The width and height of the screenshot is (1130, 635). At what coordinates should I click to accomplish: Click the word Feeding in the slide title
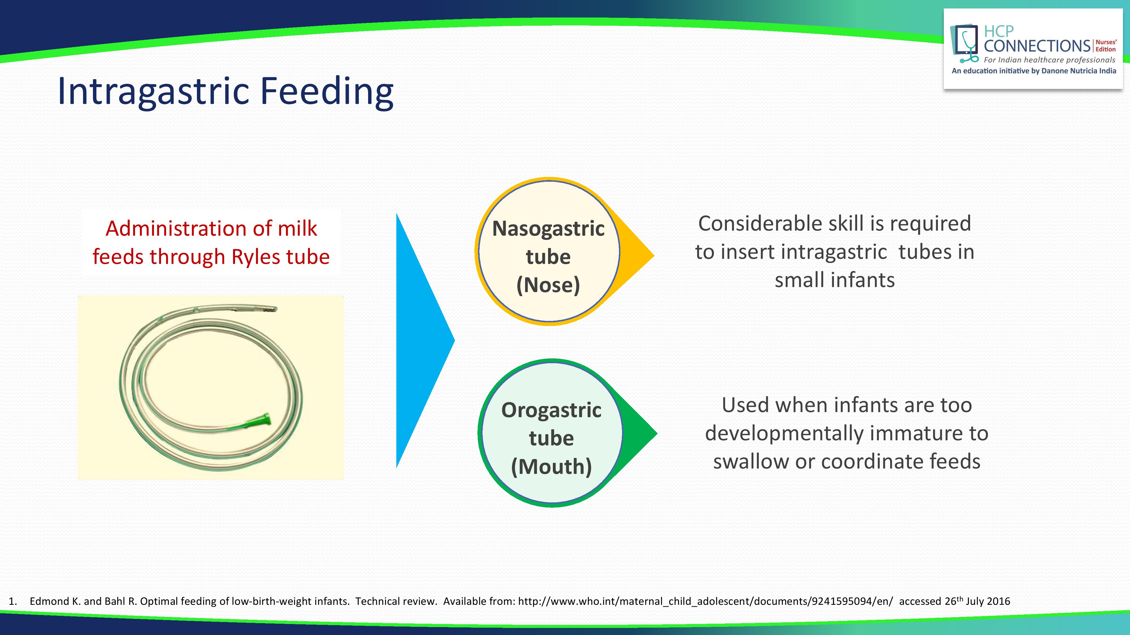327,92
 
